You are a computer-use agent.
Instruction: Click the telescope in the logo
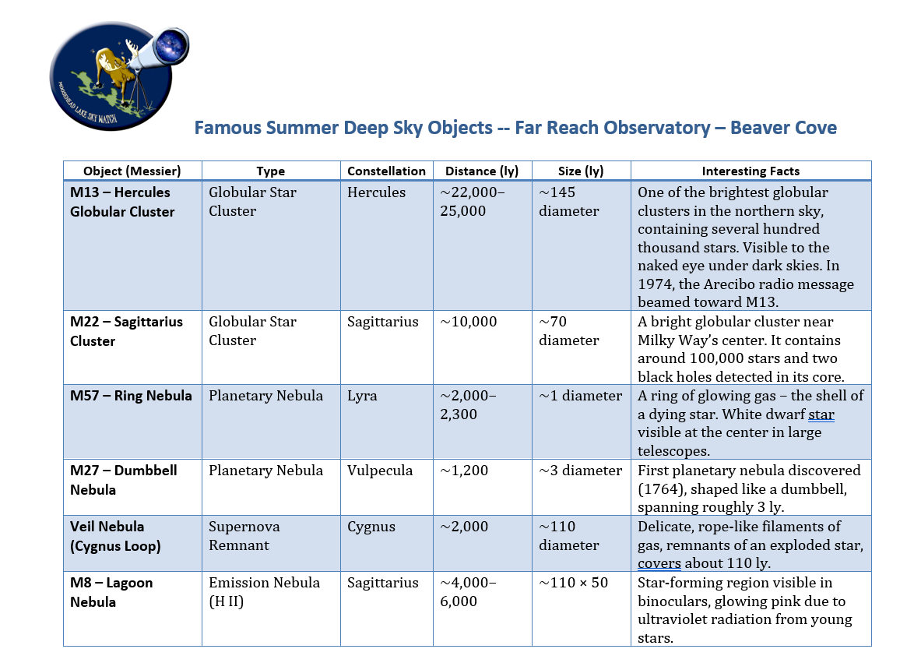[x=160, y=51]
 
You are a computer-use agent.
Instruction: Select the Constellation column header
[x=386, y=171]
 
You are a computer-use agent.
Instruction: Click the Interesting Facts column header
[x=751, y=171]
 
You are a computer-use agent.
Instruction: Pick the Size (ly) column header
[x=581, y=171]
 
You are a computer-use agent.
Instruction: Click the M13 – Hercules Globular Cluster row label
[x=122, y=202]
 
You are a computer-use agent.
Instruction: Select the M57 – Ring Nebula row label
[x=131, y=396]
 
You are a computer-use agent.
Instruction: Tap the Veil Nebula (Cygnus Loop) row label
[x=115, y=536]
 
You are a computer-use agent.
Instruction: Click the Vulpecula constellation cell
[x=380, y=471]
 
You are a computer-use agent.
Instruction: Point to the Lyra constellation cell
[x=361, y=396]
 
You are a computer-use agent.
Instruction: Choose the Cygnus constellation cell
[x=371, y=527]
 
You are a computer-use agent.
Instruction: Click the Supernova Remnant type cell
[x=244, y=536]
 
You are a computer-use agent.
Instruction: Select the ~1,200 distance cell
[x=464, y=471]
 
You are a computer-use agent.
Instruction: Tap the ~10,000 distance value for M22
[x=469, y=322]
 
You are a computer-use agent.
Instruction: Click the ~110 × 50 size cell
[x=573, y=583]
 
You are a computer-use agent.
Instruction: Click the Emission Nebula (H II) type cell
[x=264, y=592]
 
